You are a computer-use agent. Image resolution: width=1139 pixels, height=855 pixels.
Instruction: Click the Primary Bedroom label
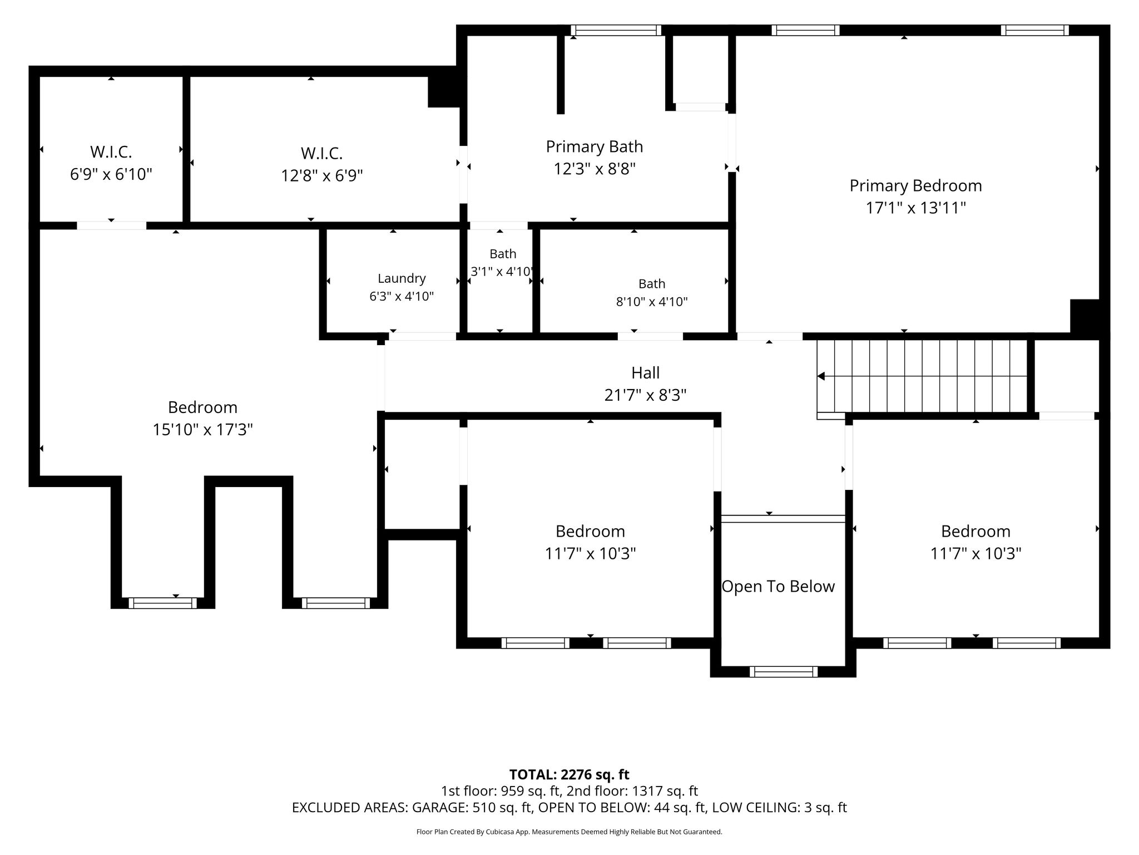coord(915,185)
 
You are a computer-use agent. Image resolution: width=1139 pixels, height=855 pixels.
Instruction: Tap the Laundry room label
coord(402,278)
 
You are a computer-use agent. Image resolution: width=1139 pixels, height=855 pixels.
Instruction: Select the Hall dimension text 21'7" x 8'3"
coord(645,395)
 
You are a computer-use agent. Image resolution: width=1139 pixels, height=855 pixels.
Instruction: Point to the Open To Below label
coord(778,586)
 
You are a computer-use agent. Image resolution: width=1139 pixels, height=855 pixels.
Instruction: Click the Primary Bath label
coord(595,146)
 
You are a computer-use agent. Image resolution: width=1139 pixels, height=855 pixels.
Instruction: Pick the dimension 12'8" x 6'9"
coord(322,176)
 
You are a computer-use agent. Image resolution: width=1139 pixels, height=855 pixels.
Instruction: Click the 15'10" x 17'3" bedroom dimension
coord(203,430)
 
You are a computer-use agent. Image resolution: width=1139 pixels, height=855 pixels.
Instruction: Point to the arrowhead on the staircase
coord(821,377)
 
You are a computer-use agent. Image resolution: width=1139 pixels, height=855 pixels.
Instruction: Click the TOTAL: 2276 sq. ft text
coord(569,774)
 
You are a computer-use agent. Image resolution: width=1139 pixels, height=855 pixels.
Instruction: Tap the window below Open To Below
coord(784,671)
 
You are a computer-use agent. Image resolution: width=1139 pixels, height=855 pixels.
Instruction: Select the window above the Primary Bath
coord(616,30)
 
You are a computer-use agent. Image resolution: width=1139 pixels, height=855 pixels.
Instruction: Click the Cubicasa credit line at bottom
coord(569,832)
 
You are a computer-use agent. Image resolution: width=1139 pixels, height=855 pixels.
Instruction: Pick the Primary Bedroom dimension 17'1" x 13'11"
coord(915,208)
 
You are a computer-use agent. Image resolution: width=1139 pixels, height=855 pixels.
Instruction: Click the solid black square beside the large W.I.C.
coord(443,91)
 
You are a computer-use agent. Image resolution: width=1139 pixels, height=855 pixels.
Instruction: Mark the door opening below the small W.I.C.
coord(111,225)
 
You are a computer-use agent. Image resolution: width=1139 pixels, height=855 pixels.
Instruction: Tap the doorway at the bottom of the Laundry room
coord(423,336)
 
